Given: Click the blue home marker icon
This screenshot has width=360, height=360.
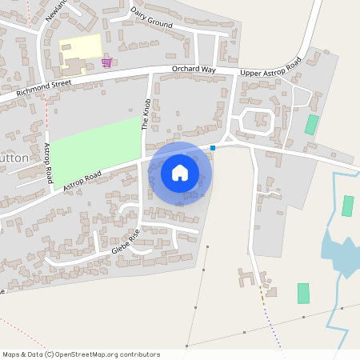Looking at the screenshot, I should tap(180, 172).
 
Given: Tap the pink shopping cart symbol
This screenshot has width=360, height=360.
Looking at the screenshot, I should tap(106, 62).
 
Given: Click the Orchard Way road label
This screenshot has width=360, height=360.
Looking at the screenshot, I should tap(194, 70).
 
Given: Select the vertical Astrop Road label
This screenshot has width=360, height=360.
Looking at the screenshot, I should tap(49, 163).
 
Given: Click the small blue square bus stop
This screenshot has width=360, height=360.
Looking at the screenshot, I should tap(213, 147).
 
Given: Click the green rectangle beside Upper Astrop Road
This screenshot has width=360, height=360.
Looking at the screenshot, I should tap(311, 124).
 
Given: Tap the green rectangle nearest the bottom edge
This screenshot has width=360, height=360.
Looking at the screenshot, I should tap(303, 293).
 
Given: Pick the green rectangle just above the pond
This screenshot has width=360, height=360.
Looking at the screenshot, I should tap(347, 206).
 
